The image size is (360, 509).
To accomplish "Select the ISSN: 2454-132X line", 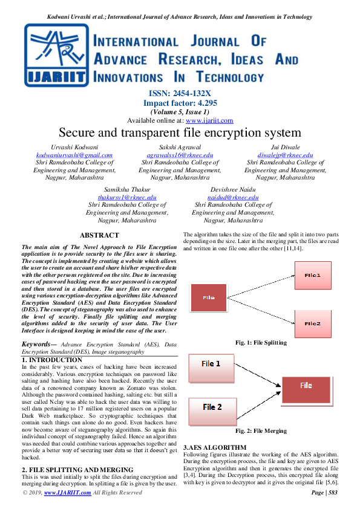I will (x=180, y=94).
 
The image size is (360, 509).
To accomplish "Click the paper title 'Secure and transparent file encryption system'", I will (x=180, y=132).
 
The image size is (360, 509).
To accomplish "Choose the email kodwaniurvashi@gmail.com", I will (x=75, y=155).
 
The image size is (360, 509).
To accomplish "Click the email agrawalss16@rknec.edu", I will (x=180, y=155).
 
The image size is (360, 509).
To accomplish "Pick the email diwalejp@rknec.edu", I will (x=286, y=155).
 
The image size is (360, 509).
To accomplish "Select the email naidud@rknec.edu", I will (x=233, y=197).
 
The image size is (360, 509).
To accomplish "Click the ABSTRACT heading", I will (x=100, y=235).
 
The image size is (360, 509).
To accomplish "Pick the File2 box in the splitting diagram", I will (x=312, y=323).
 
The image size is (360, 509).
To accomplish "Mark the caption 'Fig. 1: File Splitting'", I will (x=261, y=343).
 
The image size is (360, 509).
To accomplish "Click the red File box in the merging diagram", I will (x=306, y=385).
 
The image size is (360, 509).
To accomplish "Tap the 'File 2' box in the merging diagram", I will (x=211, y=407).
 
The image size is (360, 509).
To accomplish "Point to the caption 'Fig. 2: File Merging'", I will (x=261, y=431).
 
